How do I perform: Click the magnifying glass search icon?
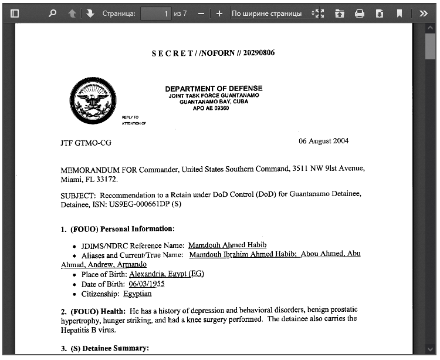(53, 13)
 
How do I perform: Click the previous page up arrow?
(72, 13)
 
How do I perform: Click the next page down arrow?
(90, 13)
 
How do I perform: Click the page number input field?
(155, 13)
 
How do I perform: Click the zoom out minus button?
(201, 13)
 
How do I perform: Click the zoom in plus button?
(219, 13)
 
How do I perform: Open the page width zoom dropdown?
(272, 13)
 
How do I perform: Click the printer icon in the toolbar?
(360, 13)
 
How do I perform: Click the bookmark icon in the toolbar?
(400, 13)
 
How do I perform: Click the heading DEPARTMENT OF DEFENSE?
(214, 89)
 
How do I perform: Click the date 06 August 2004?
(323, 141)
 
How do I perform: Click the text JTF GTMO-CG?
(86, 143)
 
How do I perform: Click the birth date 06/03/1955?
(147, 284)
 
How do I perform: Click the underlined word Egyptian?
(137, 294)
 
